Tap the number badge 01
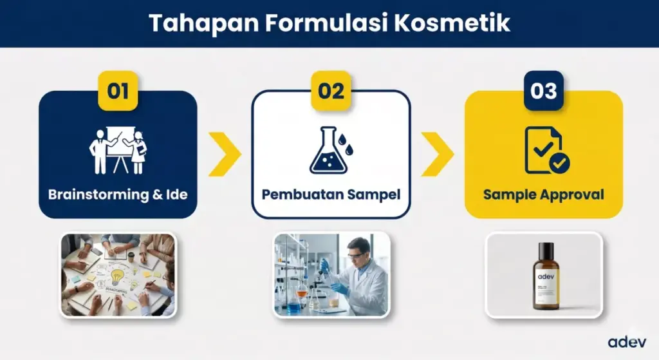click(118, 91)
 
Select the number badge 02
click(331, 91)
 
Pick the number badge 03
click(544, 91)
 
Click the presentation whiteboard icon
click(118, 151)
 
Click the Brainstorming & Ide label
click(118, 194)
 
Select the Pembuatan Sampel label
click(331, 194)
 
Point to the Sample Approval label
click(544, 194)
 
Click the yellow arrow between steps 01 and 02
click(225, 154)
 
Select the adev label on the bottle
click(545, 278)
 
